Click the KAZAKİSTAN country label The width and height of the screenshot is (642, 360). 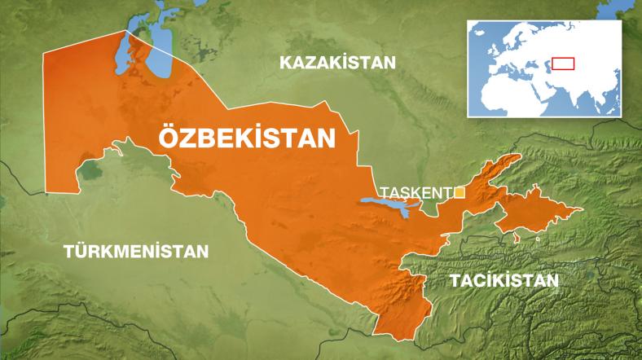coord(336,63)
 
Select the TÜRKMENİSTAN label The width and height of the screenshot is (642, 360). coord(136,250)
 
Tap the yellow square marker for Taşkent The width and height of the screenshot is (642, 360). coord(460,192)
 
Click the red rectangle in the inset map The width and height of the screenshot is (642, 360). coord(563,64)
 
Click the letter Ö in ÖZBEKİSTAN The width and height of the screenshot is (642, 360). coord(165,136)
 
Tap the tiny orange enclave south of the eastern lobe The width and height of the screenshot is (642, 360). coord(517,239)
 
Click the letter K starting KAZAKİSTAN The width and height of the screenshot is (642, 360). coord(284,63)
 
